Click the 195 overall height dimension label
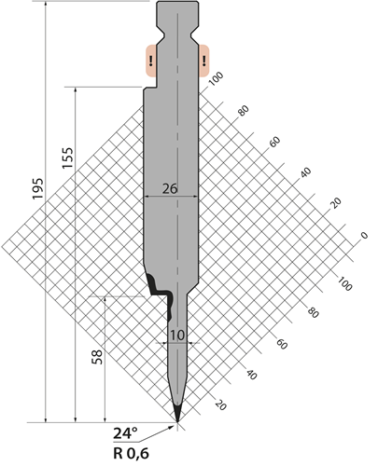click(x=37, y=189)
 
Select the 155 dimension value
click(x=67, y=158)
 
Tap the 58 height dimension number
click(x=97, y=357)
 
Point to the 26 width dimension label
click(x=170, y=188)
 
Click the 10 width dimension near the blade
click(x=177, y=336)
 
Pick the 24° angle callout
click(x=125, y=432)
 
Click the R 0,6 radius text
click(x=131, y=454)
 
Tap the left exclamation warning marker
click(x=151, y=61)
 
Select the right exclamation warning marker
click(x=203, y=61)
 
